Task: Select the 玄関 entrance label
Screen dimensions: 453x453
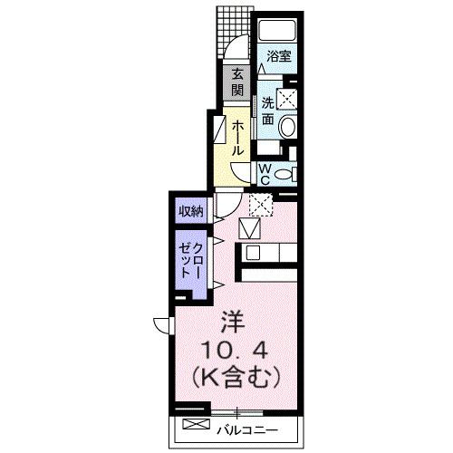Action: coord(236,82)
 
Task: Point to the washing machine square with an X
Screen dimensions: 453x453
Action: coord(288,98)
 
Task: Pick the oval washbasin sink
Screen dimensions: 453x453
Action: coord(289,127)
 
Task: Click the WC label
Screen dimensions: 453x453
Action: coord(264,173)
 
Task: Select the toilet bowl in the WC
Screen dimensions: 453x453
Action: coord(285,174)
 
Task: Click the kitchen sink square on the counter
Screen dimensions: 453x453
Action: coord(253,253)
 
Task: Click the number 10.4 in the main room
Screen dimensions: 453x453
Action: coord(233,348)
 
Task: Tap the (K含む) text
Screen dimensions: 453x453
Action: coord(234,373)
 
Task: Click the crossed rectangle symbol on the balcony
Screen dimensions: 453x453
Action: coord(195,425)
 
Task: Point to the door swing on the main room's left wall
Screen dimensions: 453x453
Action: coord(161,324)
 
